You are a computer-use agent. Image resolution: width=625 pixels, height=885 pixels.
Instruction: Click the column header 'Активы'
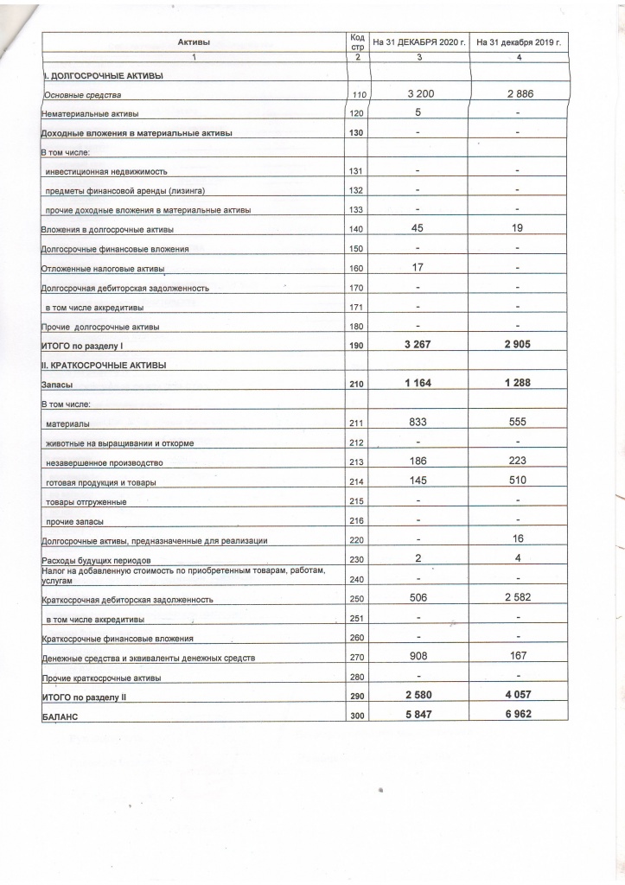point(194,42)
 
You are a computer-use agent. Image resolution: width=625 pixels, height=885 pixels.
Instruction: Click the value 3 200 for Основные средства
point(418,92)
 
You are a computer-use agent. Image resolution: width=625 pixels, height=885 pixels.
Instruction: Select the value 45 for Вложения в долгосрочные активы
point(418,228)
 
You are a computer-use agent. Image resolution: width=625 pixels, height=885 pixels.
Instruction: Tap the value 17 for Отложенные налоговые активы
point(418,267)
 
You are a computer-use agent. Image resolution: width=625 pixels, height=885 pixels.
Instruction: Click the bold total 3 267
point(418,344)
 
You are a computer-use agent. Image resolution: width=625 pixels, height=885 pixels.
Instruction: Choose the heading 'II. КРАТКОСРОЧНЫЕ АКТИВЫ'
point(104,365)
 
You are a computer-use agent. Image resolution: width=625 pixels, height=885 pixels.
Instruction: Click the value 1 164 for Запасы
point(418,383)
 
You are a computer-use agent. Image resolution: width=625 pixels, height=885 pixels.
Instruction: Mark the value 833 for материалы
point(418,422)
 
